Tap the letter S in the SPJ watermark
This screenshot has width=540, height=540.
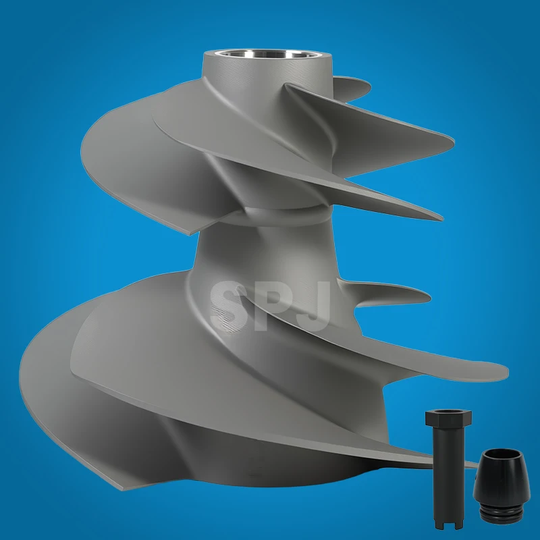226,307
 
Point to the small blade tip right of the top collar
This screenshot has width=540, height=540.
368,84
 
